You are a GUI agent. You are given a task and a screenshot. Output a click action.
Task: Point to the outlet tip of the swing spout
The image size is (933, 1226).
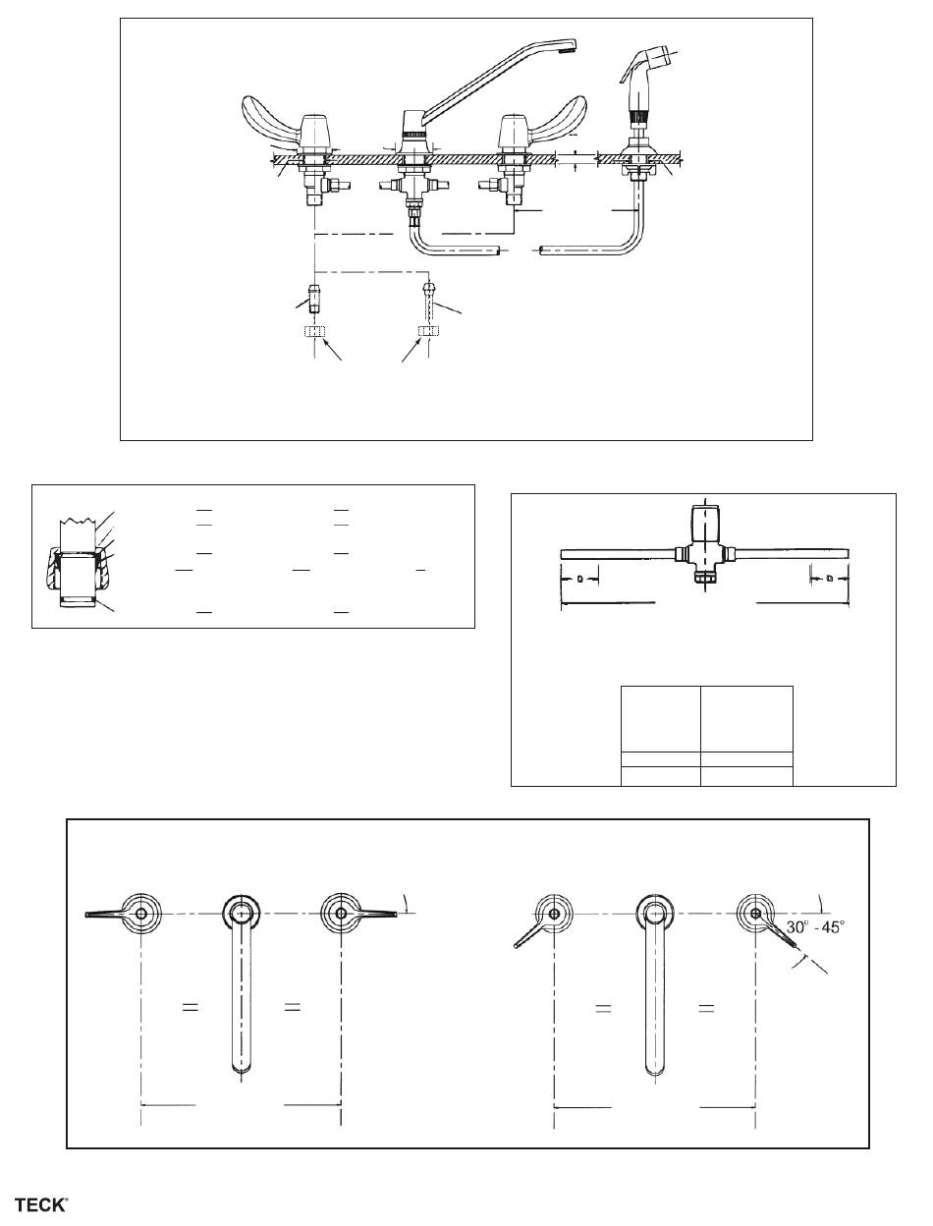coord(570,43)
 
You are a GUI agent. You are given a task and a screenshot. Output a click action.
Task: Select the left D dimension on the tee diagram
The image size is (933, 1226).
coord(579,579)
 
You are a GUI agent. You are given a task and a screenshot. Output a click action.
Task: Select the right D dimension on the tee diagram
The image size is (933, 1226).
coord(830,579)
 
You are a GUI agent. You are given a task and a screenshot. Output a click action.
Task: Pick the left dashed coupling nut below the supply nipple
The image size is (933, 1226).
coord(314,332)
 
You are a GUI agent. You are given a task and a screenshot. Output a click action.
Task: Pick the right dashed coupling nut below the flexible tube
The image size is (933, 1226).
coord(426,332)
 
